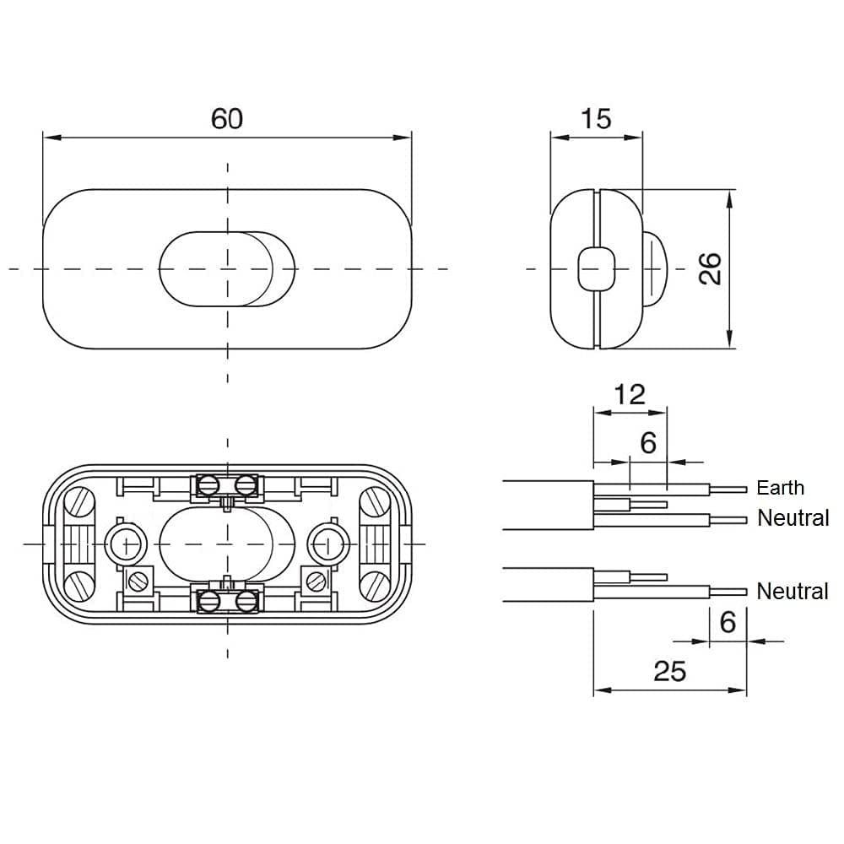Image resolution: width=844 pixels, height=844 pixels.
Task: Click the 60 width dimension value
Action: click(226, 118)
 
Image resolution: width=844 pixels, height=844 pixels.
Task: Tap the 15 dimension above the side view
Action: click(596, 118)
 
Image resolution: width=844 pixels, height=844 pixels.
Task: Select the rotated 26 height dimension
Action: click(711, 268)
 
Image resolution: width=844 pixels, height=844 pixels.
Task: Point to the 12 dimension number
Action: click(630, 393)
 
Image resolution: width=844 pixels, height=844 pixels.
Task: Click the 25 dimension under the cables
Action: click(669, 671)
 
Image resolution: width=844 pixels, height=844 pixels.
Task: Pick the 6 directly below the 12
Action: click(648, 442)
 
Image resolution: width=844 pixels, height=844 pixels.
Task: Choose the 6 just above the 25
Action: click(728, 622)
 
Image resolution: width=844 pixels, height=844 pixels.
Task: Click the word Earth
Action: click(780, 488)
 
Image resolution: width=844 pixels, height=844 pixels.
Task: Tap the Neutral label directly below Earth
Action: click(793, 518)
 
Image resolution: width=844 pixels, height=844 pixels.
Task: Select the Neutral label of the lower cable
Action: click(793, 591)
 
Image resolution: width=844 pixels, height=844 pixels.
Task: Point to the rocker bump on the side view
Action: click(656, 268)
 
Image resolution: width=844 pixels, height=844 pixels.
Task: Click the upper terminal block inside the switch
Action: click(227, 485)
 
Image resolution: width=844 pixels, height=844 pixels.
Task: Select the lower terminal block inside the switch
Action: click(227, 600)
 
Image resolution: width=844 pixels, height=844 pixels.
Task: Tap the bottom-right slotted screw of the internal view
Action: click(374, 582)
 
